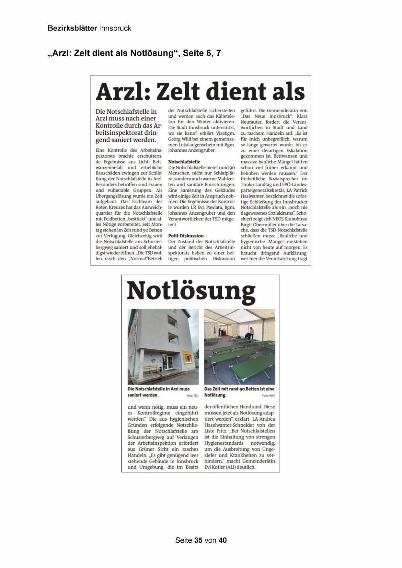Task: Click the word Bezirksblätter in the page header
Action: click(72, 28)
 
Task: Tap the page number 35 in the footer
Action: click(198, 540)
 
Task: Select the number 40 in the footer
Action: click(223, 540)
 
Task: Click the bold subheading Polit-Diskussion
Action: click(186, 236)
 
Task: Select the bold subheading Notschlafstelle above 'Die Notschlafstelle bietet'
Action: click(184, 162)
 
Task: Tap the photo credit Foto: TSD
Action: click(192, 396)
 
